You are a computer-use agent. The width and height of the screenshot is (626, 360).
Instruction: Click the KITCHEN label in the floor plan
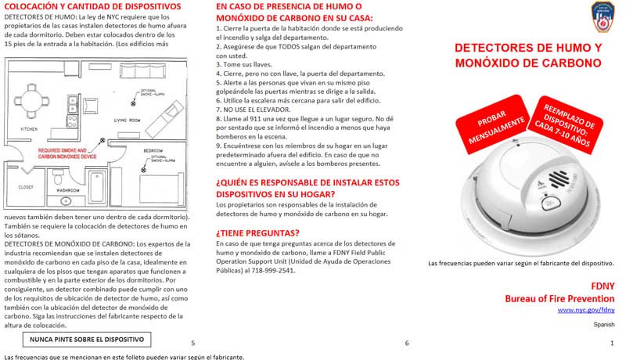pyautogui.click(x=29, y=128)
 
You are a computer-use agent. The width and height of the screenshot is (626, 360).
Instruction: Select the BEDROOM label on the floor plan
pyautogui.click(x=153, y=150)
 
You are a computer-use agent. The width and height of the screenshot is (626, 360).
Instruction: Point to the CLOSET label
pyautogui.click(x=26, y=187)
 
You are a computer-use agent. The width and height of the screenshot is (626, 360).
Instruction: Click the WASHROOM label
pyautogui.click(x=68, y=190)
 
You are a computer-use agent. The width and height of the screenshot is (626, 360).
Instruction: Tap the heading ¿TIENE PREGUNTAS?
pyautogui.click(x=257, y=232)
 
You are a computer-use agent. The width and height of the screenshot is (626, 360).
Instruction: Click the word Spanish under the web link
pyautogui.click(x=604, y=324)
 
